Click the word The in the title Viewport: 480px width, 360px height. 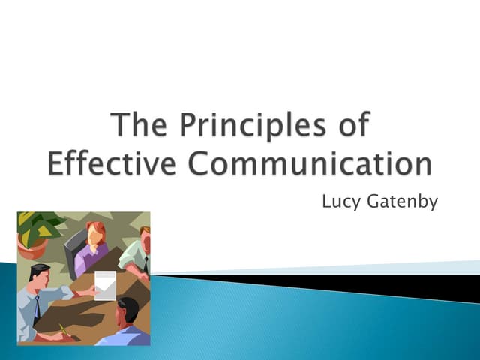pyautogui.click(x=139, y=125)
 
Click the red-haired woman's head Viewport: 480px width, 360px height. pyautogui.click(x=94, y=233)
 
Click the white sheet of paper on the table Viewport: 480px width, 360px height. pyautogui.click(x=105, y=286)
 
